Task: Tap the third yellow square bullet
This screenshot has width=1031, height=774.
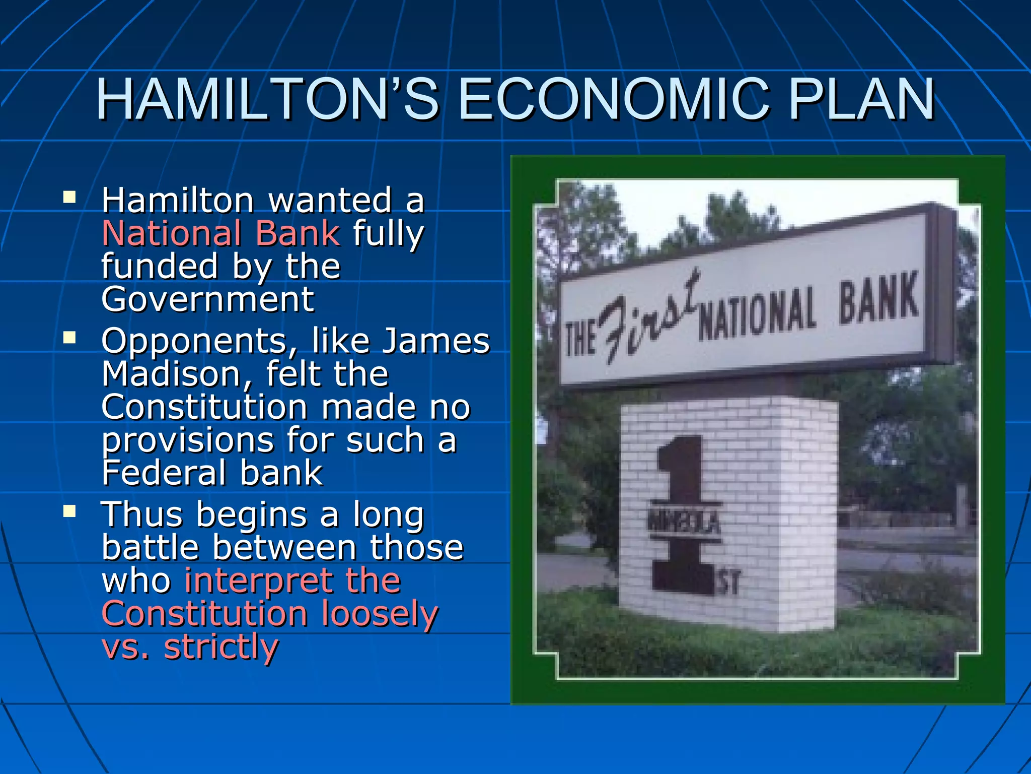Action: click(69, 511)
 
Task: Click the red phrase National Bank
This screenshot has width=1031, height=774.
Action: click(221, 233)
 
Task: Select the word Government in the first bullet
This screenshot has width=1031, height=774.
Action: click(208, 299)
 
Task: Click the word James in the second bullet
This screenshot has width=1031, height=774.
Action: click(436, 341)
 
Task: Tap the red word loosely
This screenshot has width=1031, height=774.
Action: click(380, 614)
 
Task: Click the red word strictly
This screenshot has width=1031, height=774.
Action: click(221, 647)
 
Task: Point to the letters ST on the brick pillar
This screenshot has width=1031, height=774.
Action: click(728, 583)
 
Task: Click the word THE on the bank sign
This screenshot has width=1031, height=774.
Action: click(580, 338)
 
